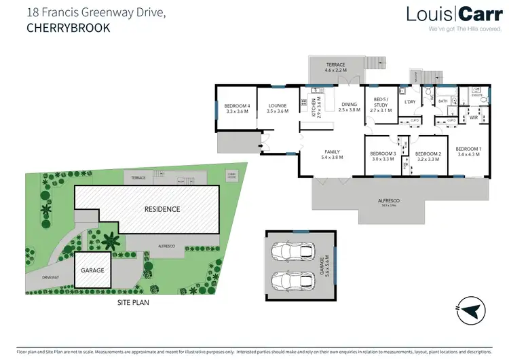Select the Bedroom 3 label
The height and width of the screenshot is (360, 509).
coord(383,156)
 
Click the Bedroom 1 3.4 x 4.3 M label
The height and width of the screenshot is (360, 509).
coord(468,151)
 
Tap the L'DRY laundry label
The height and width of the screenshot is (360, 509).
coord(410,103)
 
